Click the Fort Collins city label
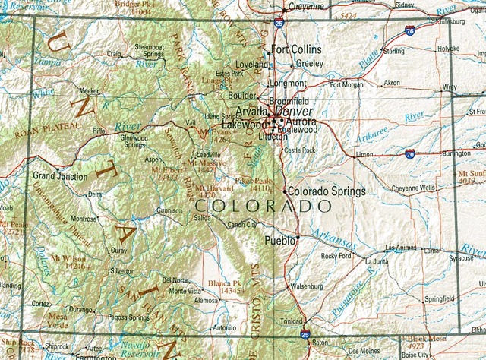297,49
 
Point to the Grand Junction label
60,176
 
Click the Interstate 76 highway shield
410,31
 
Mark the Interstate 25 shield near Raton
305,334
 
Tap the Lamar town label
432,249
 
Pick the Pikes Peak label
252,182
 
